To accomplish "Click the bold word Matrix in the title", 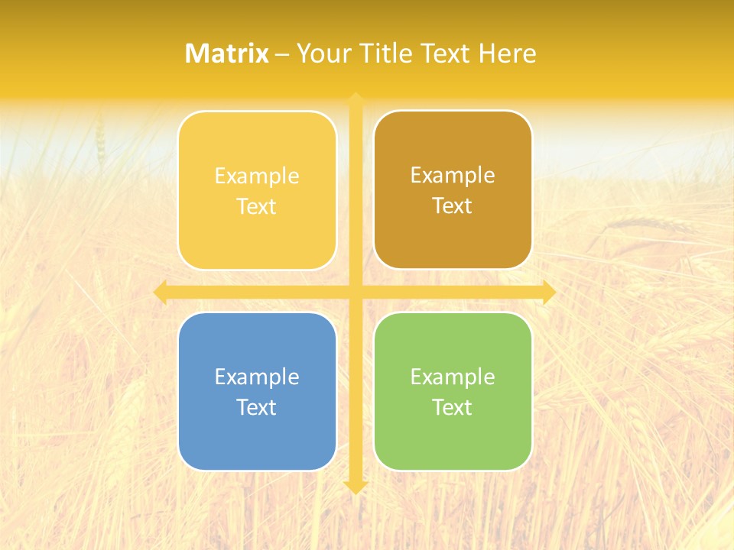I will (x=226, y=53).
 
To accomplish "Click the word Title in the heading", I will (x=387, y=53).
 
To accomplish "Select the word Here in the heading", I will (x=508, y=53).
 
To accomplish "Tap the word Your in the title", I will (x=323, y=53).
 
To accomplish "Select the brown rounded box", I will (x=453, y=237).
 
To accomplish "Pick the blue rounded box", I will (x=257, y=439).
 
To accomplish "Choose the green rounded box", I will (x=453, y=439).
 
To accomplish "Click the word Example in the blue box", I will (x=257, y=377).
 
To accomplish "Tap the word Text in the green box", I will (x=453, y=407).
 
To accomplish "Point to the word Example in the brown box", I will (x=453, y=175).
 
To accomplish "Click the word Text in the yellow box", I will (x=257, y=206).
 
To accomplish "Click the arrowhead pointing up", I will (x=355, y=98).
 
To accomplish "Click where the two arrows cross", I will (x=355, y=293).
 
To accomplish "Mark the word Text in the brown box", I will (x=453, y=205).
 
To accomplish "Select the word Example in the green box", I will (x=453, y=377).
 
